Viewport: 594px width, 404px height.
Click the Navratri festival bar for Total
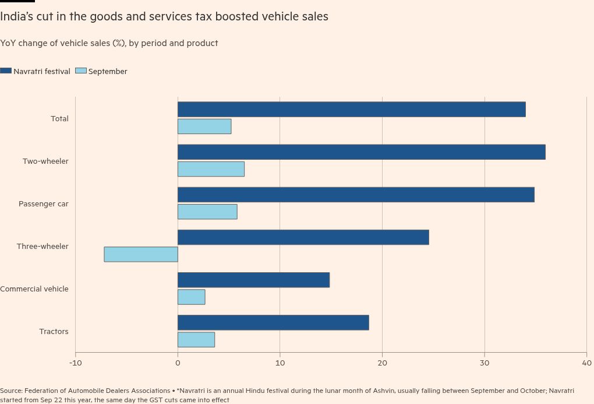(x=351, y=109)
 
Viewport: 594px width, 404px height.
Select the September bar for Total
(x=204, y=127)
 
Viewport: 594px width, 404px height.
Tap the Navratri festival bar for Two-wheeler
(x=361, y=152)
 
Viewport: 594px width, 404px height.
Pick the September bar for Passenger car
(x=207, y=212)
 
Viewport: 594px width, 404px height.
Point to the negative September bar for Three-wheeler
(x=141, y=254)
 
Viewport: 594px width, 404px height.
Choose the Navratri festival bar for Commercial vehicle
(x=253, y=280)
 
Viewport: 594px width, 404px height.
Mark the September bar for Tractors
(x=196, y=339)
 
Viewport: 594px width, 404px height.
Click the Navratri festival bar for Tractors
(x=273, y=322)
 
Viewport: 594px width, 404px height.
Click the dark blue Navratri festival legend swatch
(x=6, y=71)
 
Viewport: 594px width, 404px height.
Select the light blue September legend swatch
(x=81, y=71)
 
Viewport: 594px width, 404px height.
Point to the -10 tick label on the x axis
(x=75, y=363)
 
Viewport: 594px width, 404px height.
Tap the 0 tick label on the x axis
(x=178, y=363)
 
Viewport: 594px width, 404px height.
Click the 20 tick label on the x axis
(x=382, y=363)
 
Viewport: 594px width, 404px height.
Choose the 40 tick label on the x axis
(x=586, y=363)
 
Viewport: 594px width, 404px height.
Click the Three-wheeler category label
(x=43, y=246)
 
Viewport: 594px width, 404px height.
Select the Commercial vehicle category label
(x=34, y=289)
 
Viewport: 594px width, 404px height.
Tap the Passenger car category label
(x=43, y=203)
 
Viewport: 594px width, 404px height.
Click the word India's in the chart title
(x=16, y=16)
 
